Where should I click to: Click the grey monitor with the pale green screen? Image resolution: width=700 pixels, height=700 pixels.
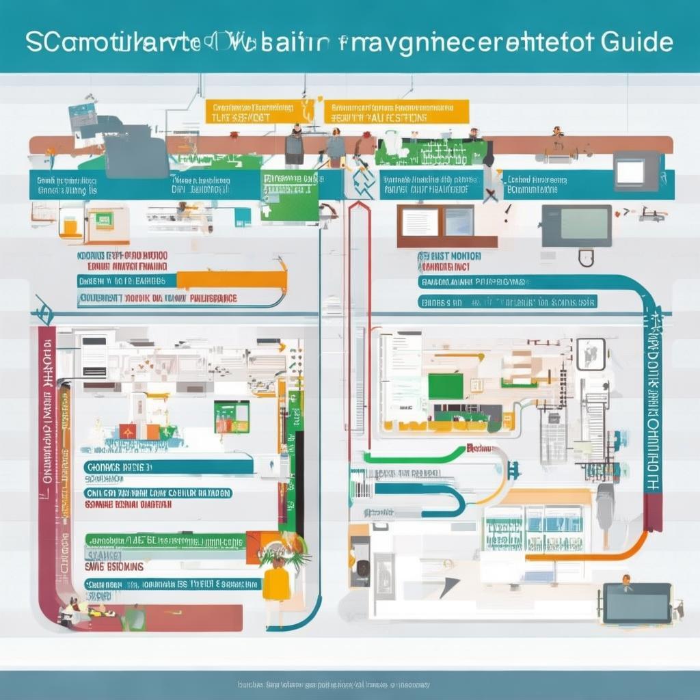(x=576, y=226)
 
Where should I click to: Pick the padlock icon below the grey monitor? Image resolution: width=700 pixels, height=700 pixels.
(x=586, y=258)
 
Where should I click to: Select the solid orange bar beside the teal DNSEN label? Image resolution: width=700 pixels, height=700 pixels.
(x=231, y=280)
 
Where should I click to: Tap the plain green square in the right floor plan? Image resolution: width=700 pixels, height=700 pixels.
(x=445, y=386)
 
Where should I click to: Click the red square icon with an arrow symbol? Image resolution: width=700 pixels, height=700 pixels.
(x=128, y=431)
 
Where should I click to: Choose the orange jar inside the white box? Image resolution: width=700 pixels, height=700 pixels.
(x=70, y=225)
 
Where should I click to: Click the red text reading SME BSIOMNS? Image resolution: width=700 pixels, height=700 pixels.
(x=113, y=567)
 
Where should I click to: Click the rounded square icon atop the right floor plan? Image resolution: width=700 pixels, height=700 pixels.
(x=591, y=353)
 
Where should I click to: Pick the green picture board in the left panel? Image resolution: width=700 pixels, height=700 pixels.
(x=231, y=416)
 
